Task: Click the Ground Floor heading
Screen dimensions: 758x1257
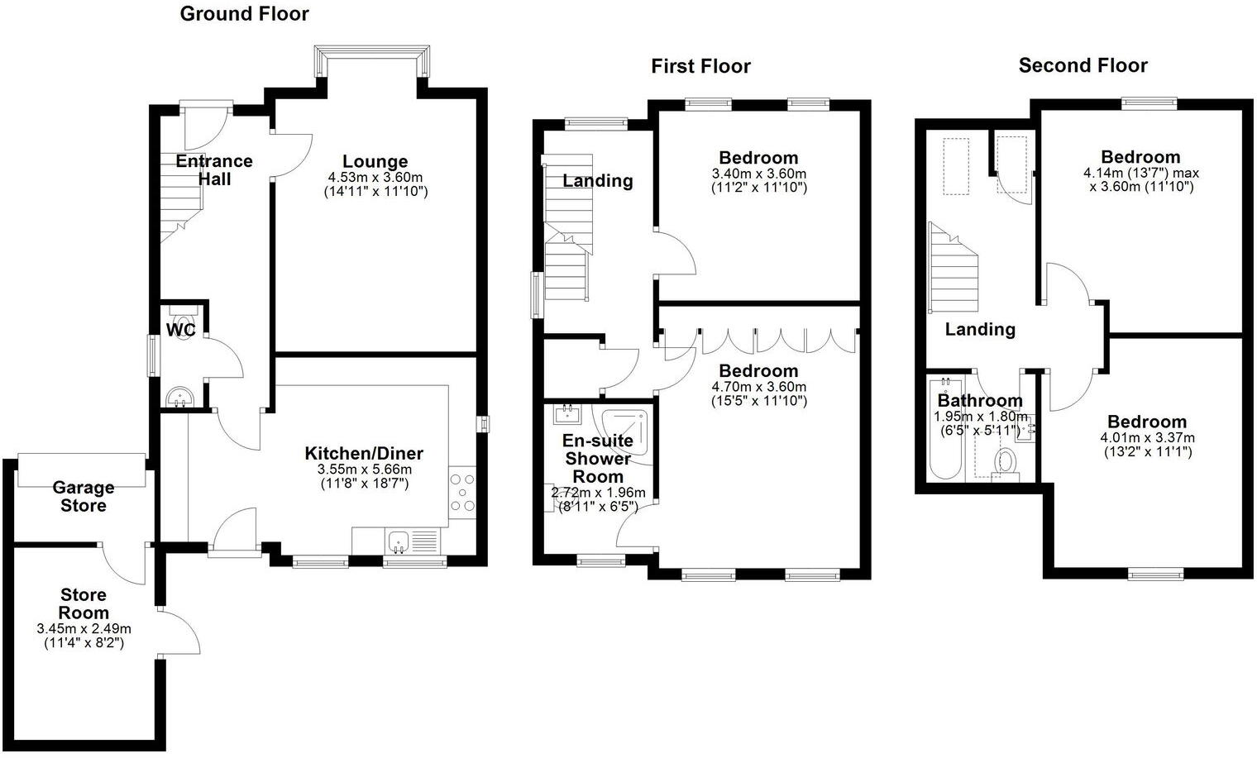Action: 244,14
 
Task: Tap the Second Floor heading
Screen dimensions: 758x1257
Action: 1083,65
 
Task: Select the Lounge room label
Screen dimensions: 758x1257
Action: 375,162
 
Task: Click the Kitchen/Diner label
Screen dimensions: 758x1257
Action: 364,453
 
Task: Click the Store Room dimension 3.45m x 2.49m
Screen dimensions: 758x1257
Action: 84,629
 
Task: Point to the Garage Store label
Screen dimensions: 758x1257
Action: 83,496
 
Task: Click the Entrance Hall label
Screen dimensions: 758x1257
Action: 214,169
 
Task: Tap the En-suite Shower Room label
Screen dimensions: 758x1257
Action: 598,459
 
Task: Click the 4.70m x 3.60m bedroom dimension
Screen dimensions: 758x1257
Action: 758,387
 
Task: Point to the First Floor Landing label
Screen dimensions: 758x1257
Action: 598,180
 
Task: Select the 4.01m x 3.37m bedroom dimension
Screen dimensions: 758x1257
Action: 1147,438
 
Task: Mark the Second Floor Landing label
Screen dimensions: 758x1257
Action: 980,329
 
